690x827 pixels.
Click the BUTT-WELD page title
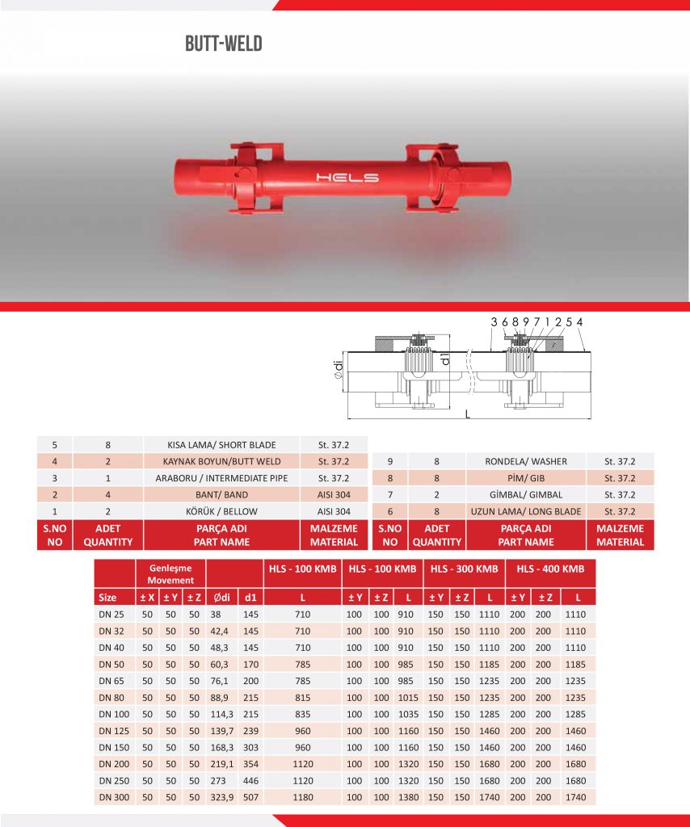click(224, 44)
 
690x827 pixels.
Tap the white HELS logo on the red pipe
click(347, 178)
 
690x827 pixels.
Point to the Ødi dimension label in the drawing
click(339, 369)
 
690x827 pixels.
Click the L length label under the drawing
click(467, 414)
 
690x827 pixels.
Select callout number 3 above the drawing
click(494, 321)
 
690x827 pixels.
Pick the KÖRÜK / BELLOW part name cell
click(221, 511)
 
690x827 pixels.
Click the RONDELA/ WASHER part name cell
click(526, 461)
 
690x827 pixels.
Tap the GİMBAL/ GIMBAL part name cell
click(526, 495)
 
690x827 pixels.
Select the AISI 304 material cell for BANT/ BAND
click(334, 495)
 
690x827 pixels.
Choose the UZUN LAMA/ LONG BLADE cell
click(526, 511)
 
